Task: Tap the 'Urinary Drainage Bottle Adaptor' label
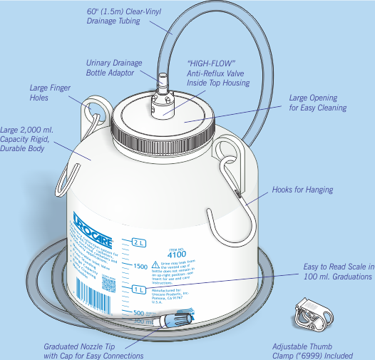coord(114,68)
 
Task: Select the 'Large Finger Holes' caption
coord(48,93)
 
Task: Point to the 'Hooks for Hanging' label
coord(302,190)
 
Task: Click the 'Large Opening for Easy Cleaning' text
coord(317,103)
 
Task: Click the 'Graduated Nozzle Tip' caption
coord(93,351)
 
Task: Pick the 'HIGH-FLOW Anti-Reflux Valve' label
coord(218,73)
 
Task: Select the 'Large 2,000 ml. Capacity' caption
coord(27,139)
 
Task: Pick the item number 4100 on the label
coord(176,253)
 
